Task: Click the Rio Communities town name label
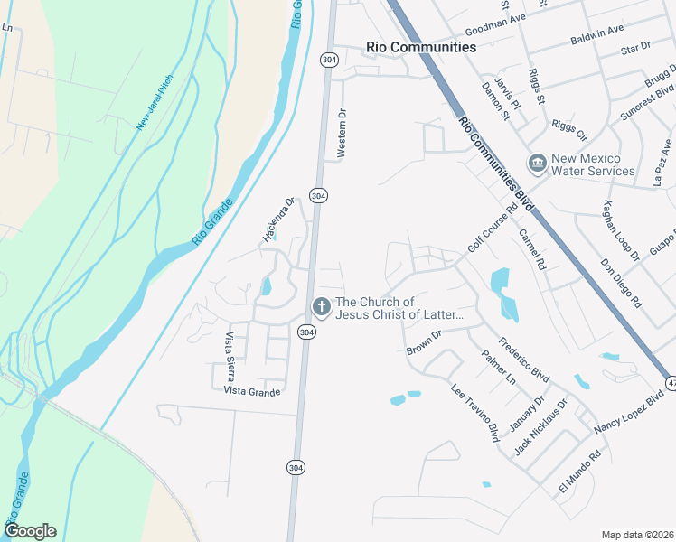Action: tap(420, 47)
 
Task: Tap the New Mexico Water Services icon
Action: tap(538, 164)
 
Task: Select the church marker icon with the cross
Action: tap(320, 307)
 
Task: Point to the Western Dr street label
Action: tap(342, 135)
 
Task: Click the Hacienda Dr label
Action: tap(279, 220)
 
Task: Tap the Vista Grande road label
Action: tap(252, 391)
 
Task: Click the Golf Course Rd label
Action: tap(493, 227)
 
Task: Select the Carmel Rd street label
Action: tap(533, 248)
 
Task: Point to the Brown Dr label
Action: tap(423, 342)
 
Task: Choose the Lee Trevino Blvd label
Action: tap(475, 413)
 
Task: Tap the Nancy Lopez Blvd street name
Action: tap(628, 412)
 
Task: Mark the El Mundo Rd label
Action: tap(579, 476)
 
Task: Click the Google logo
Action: tap(30, 531)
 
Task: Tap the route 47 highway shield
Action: tap(670, 382)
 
